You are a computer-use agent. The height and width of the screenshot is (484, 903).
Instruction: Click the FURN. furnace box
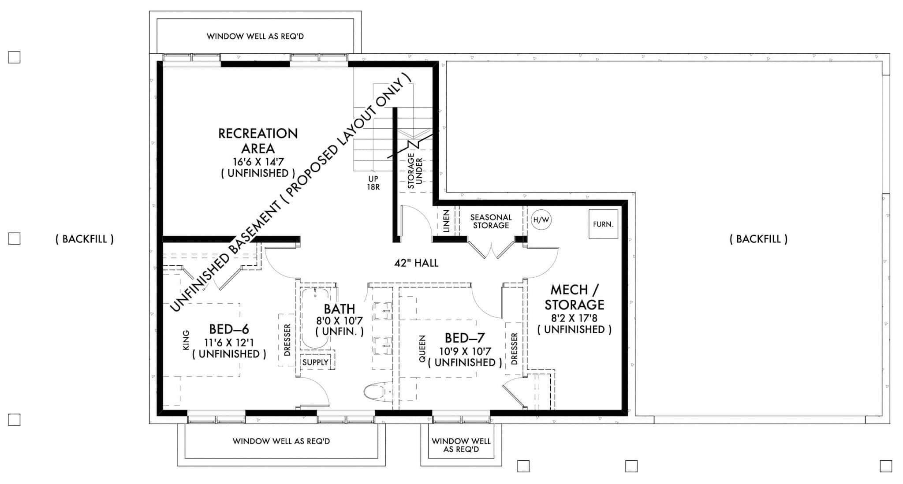tap(603, 224)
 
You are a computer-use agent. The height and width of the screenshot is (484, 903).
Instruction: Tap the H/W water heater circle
tap(541, 220)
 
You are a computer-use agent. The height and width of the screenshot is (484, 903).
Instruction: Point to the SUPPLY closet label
tap(315, 362)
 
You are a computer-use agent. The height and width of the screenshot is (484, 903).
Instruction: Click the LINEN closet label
tap(446, 221)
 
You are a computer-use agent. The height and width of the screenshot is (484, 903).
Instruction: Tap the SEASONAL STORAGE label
tap(490, 221)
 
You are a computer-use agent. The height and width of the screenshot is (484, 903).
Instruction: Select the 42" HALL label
tap(416, 263)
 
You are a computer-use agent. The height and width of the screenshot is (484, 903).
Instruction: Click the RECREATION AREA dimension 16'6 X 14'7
tap(258, 161)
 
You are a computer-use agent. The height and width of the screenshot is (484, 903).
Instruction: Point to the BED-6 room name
tap(229, 329)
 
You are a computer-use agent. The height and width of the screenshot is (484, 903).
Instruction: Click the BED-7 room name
tap(464, 338)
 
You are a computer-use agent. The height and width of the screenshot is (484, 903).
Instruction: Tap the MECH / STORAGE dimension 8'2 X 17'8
tap(574, 318)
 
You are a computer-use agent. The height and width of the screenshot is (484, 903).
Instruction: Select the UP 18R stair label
tap(373, 183)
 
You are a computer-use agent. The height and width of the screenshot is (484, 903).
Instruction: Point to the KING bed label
tap(186, 340)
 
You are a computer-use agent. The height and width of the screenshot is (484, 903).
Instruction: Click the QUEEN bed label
tap(422, 349)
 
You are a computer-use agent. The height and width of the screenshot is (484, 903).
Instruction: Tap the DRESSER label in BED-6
tap(287, 340)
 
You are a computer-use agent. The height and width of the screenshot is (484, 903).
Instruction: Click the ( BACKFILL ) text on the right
tap(758, 239)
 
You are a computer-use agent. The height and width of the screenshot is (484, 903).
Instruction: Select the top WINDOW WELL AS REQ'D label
tap(255, 36)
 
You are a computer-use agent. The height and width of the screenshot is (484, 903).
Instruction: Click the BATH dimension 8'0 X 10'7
tap(339, 321)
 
